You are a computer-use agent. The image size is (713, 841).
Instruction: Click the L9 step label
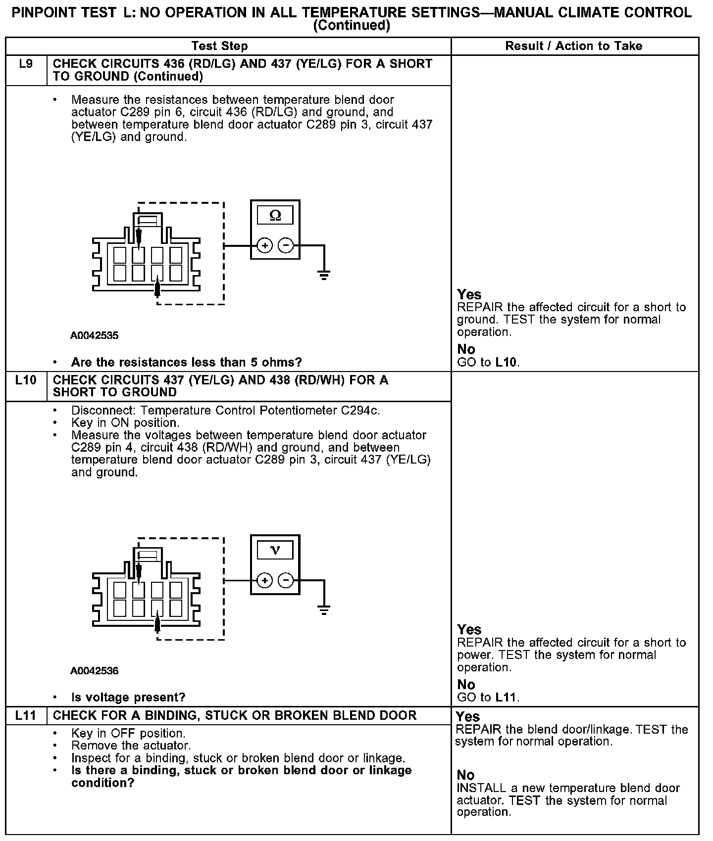[x=26, y=64]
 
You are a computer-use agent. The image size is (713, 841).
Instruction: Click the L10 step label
[x=26, y=380]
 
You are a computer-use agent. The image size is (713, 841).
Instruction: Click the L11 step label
[x=26, y=715]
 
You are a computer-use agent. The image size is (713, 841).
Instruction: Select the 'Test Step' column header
[x=219, y=46]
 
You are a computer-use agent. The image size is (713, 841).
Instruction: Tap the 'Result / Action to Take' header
[x=573, y=46]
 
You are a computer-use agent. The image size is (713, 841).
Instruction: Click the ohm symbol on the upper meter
[x=275, y=215]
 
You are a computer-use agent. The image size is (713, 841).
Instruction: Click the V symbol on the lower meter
[x=275, y=550]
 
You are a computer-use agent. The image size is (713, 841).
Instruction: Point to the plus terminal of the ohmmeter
[x=265, y=245]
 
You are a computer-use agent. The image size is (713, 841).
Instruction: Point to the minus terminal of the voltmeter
[x=286, y=580]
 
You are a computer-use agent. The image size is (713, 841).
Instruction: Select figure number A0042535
[x=94, y=335]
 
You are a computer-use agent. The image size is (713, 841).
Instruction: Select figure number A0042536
[x=94, y=671]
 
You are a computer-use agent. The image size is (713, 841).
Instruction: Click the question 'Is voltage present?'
[x=128, y=698]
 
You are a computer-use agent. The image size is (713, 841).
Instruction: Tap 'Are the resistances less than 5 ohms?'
[x=186, y=363]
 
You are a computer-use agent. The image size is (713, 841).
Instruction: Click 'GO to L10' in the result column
[x=488, y=362]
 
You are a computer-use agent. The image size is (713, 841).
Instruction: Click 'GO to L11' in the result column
[x=488, y=698]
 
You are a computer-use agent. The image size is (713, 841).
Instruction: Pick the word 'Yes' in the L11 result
[x=468, y=717]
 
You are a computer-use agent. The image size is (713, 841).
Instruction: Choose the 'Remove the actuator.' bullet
[x=131, y=746]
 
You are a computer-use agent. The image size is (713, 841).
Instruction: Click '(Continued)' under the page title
[x=352, y=25]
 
